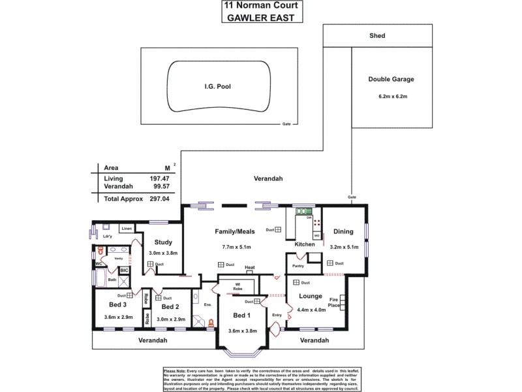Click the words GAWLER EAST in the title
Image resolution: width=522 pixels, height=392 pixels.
coord(261,18)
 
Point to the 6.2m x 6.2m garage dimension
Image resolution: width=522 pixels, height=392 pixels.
coord(391,97)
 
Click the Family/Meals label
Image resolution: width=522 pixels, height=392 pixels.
coord(234,231)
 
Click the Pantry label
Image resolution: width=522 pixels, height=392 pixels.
coord(298,266)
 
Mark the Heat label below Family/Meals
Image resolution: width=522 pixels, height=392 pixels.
coord(249,268)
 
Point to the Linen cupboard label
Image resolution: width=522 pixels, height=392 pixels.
coord(127,229)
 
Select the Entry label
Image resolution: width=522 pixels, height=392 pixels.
coord(276,314)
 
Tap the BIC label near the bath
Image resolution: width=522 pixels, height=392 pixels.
coord(124,270)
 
